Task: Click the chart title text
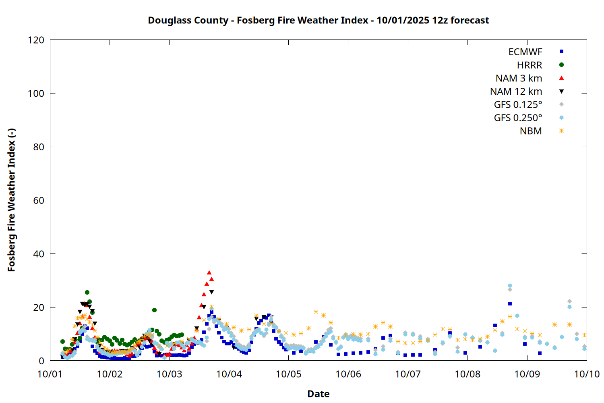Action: click(318, 20)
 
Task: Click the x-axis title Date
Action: click(318, 394)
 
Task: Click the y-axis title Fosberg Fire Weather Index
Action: click(11, 200)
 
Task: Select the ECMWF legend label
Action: click(525, 52)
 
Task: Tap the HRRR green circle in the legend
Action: click(561, 65)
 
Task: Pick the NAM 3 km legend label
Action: click(519, 78)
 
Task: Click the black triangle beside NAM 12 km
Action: click(561, 91)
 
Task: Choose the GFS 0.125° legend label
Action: click(518, 105)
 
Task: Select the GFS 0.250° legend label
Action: click(518, 118)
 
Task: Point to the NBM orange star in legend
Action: click(561, 131)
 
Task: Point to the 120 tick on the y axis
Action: click(36, 40)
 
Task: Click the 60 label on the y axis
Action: click(39, 200)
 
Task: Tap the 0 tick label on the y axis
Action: click(41, 361)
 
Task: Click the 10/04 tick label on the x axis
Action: click(229, 374)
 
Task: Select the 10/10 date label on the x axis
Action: click(587, 374)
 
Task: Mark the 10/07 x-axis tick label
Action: click(408, 374)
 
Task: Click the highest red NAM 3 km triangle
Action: click(209, 273)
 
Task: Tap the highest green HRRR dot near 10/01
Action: click(87, 293)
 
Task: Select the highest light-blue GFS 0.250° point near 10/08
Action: click(510, 286)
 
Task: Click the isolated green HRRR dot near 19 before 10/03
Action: click(154, 310)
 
